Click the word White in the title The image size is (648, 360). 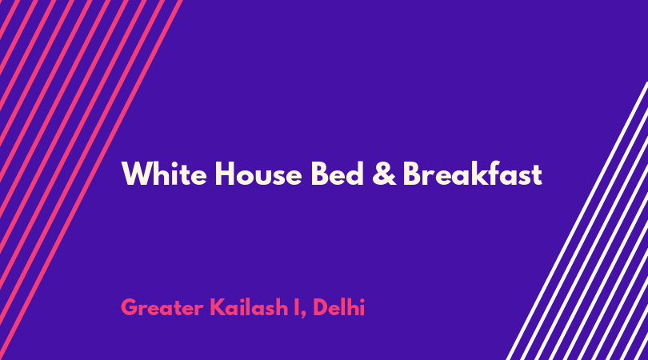click(164, 174)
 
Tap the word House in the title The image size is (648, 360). click(258, 174)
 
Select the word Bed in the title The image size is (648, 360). click(338, 174)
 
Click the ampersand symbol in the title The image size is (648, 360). click(384, 174)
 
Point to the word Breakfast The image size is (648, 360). click(472, 174)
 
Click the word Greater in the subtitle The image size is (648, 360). click(162, 307)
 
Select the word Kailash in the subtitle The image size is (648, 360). click(249, 307)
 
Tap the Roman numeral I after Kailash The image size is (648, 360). click(297, 307)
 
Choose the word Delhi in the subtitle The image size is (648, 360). click(339, 307)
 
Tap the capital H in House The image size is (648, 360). click(225, 174)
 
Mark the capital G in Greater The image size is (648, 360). click(130, 307)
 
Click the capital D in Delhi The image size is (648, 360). click(321, 307)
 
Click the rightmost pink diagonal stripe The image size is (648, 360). click(91, 180)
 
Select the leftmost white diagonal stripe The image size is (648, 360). click(577, 221)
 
